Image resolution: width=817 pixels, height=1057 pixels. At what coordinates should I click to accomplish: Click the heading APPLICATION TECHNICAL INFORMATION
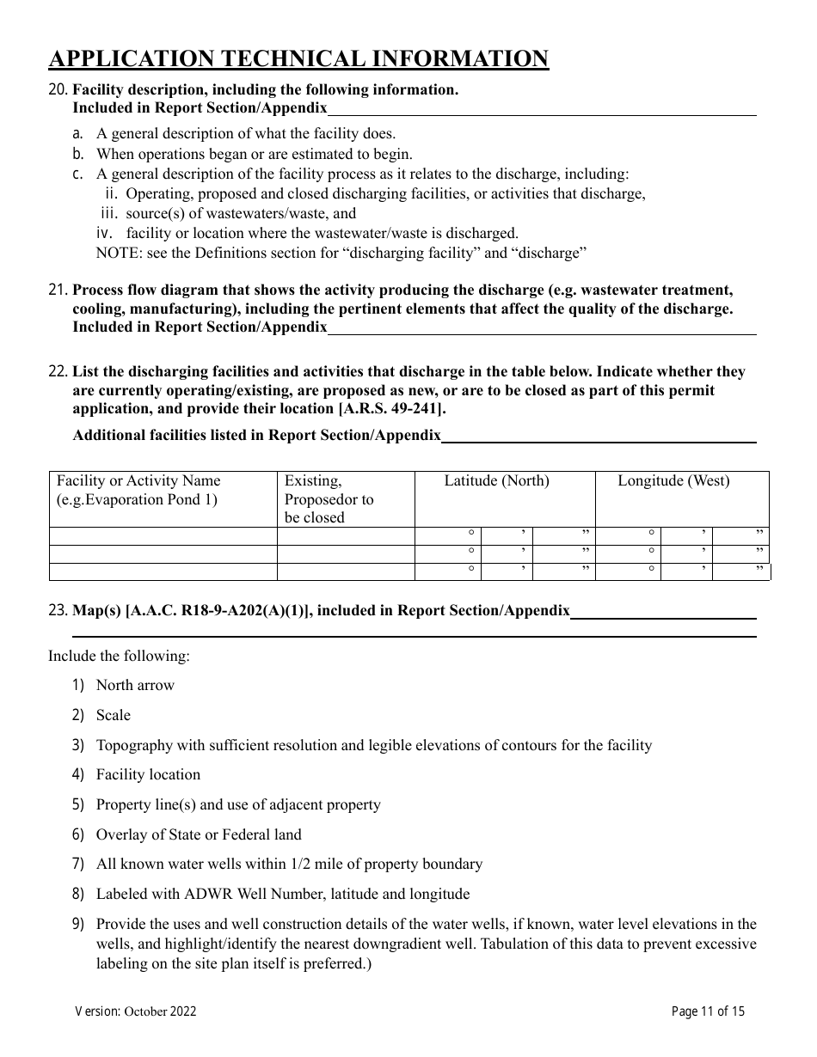pos(298,58)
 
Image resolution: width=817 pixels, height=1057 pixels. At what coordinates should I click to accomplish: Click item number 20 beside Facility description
pos(58,89)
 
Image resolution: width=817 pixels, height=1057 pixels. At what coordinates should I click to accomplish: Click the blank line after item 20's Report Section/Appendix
pos(542,109)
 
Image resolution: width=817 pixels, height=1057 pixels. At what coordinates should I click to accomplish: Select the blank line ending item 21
pos(542,328)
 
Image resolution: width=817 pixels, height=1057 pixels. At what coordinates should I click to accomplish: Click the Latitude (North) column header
pos(496,481)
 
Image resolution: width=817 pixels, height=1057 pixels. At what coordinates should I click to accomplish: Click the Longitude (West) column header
pos(673,481)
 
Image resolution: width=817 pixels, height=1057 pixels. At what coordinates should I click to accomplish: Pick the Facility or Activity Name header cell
pos(138,490)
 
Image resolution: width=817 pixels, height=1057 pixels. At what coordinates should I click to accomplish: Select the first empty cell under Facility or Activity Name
pos(163,535)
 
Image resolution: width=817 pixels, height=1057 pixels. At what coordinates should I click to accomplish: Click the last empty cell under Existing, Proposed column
pos(345,571)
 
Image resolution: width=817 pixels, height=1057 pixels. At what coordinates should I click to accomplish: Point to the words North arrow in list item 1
pos(135,686)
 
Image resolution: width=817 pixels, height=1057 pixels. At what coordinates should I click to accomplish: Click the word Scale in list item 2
pos(114,716)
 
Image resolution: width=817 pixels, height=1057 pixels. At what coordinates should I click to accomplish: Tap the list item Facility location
pos(148,775)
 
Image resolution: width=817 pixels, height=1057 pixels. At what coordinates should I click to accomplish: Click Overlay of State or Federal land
pos(199,834)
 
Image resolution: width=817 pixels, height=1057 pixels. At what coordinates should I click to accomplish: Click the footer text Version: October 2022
pos(136,1011)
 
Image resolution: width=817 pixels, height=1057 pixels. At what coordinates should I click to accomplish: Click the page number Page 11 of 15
pos(708,1011)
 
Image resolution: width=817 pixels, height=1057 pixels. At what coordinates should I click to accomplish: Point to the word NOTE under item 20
pos(115,254)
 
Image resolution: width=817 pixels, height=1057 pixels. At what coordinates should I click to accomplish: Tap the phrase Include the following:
pos(119,657)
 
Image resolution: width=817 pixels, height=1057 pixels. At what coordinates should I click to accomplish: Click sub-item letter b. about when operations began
pos(78,155)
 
